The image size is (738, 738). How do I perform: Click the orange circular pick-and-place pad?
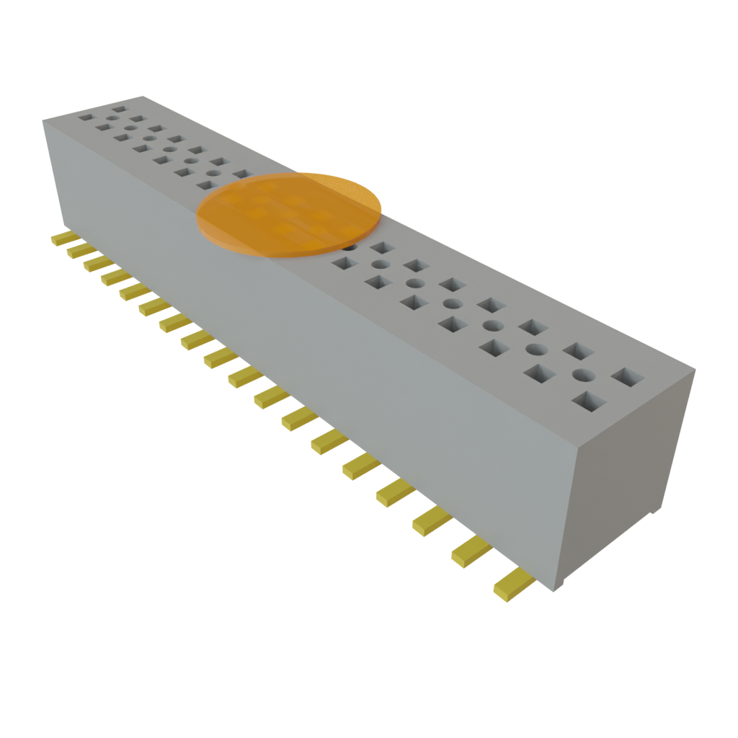pyautogui.click(x=288, y=214)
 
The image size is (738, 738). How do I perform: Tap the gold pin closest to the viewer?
pyautogui.click(x=513, y=584)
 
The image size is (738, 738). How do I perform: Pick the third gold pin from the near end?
pyautogui.click(x=431, y=520)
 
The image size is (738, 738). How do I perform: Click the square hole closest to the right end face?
pyautogui.click(x=627, y=376)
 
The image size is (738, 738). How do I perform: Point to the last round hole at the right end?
pyautogui.click(x=584, y=375)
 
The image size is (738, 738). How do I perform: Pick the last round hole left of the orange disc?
pyautogui.click(x=213, y=172)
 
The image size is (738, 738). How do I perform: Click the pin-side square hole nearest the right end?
pyautogui.click(x=587, y=400)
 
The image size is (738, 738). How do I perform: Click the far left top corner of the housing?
pyautogui.click(x=43, y=122)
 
